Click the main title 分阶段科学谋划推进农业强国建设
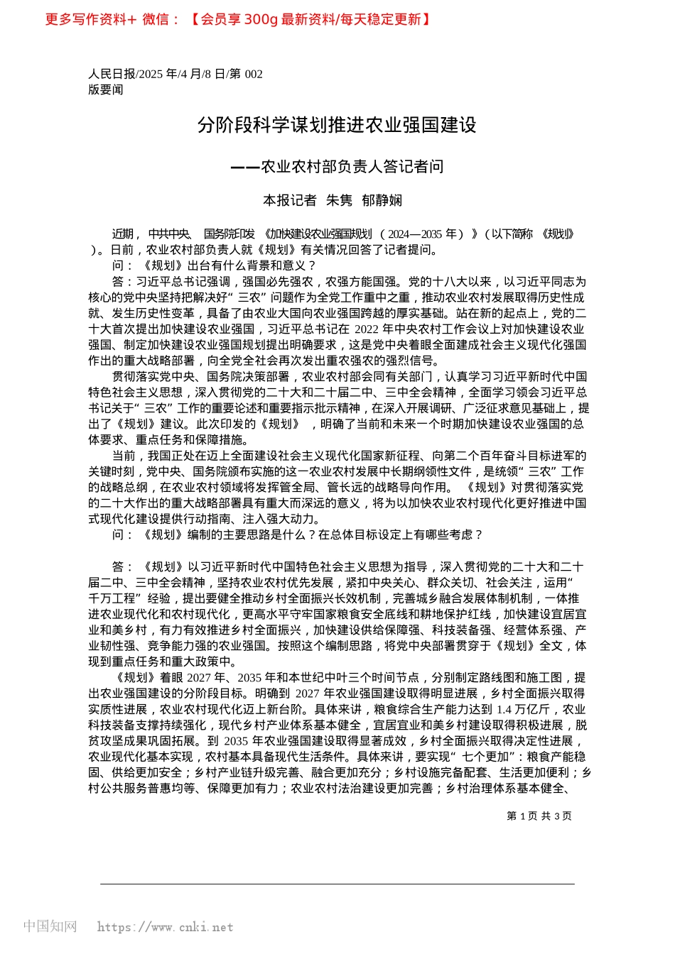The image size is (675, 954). (337, 126)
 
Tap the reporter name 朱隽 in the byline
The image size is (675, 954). (339, 201)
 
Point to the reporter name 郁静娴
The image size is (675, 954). (382, 201)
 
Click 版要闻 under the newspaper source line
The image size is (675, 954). (106, 89)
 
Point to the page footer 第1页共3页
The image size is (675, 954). (539, 816)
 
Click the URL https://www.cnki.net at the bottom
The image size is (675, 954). (165, 927)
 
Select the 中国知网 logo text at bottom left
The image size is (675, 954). (50, 926)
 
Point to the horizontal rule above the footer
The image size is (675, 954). (337, 884)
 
